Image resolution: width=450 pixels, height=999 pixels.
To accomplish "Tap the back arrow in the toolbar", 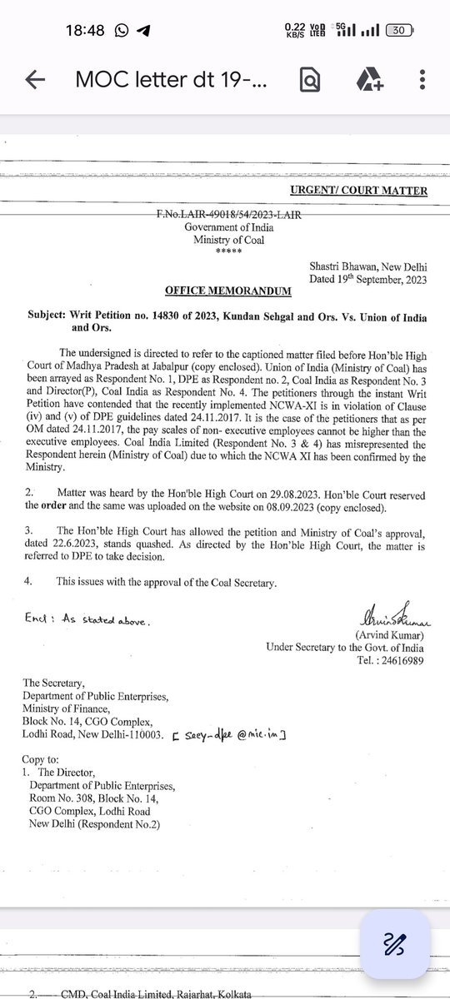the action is tap(35, 80).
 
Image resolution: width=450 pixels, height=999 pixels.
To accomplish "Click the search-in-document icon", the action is tap(309, 80).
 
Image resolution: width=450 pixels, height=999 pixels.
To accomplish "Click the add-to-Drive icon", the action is tap(367, 80).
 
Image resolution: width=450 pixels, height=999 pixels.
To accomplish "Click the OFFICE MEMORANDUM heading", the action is tap(228, 291).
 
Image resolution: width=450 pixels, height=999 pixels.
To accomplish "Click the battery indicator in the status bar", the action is tap(397, 30).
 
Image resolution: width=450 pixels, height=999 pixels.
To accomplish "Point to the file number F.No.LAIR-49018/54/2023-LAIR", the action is tap(228, 215).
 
